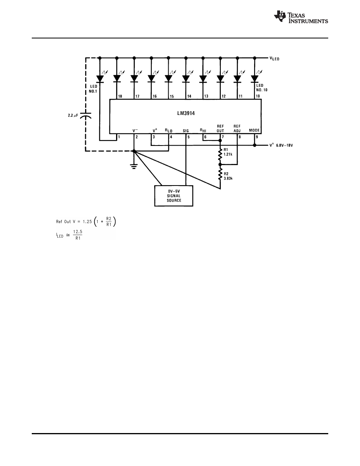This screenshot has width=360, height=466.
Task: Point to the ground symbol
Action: tap(134, 166)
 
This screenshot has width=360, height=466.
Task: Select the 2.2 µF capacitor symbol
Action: tap(86, 116)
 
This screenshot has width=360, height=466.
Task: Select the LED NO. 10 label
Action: tap(262, 87)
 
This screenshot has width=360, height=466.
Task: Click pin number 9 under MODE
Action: tap(257, 137)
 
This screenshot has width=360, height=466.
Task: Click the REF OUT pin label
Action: tap(220, 128)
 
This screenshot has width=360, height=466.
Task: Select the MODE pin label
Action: tap(255, 130)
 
